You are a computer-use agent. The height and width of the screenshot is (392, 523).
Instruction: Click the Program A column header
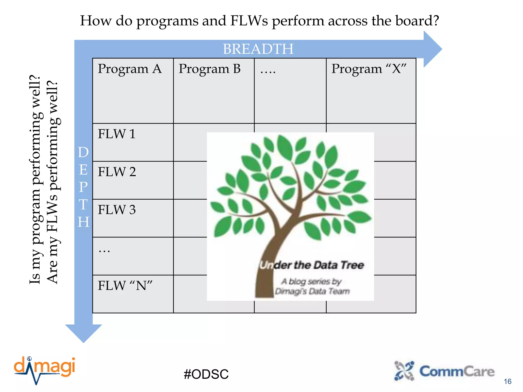pos(130,69)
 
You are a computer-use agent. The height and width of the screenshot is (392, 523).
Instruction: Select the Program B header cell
pos(209,69)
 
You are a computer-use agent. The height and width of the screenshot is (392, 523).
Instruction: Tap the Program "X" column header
pos(369,69)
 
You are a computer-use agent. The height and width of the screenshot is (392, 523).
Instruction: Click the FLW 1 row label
pos(116,134)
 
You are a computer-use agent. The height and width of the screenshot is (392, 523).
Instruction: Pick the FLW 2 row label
pos(117,172)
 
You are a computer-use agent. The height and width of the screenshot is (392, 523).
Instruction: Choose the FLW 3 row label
pos(117,210)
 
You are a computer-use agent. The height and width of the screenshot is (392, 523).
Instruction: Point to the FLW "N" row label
pos(125,286)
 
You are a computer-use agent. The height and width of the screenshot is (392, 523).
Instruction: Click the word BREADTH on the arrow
pos(258,49)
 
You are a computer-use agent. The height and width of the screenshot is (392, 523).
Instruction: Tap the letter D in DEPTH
pos(83,153)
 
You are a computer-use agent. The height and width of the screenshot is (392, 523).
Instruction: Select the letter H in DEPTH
pos(84,222)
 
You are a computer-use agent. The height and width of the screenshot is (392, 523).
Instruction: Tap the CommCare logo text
pos(457,372)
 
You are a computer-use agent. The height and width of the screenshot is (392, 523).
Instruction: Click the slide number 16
pos(507,382)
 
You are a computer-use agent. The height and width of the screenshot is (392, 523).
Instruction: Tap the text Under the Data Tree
pos(312,265)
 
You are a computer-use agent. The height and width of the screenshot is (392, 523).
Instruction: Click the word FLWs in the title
pos(249,21)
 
